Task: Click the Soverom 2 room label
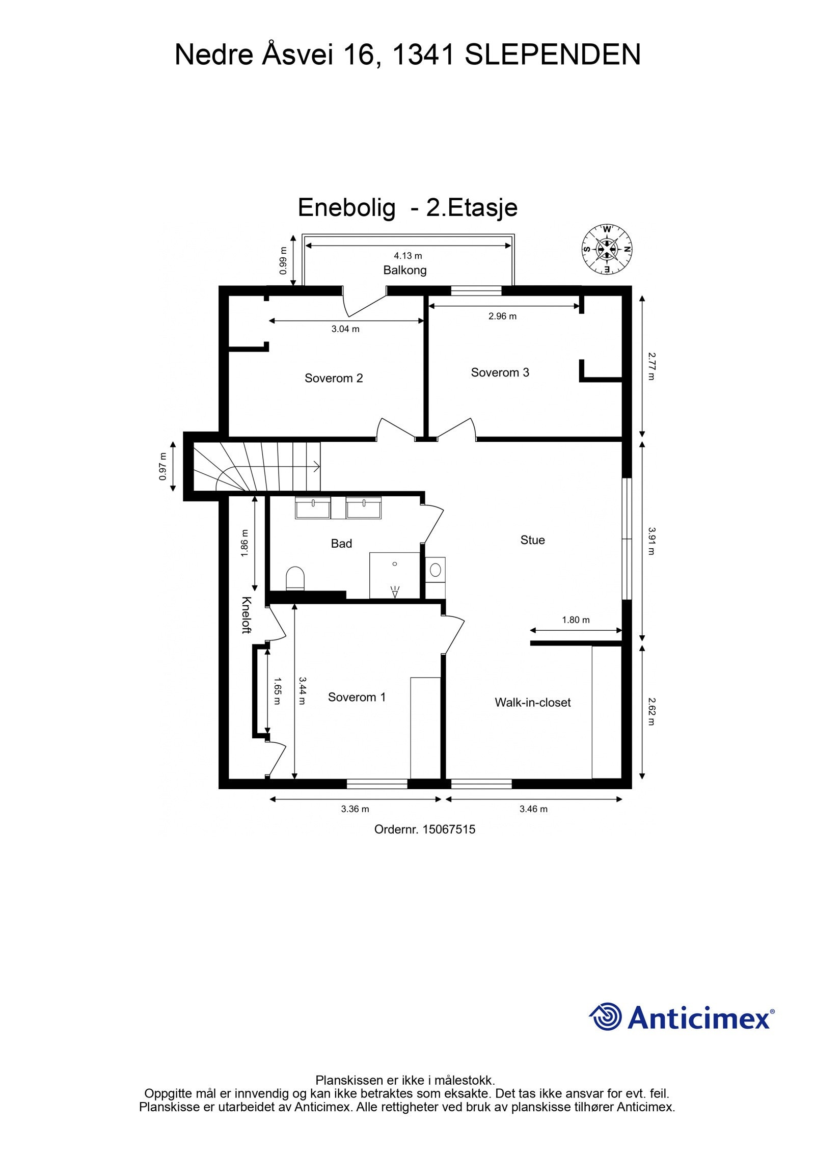tap(334, 378)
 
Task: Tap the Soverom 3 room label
tap(500, 372)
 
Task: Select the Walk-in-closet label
tap(532, 703)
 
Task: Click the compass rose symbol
tap(607, 249)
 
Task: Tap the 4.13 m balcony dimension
tap(407, 256)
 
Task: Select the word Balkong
tap(405, 270)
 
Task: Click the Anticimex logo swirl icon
tap(606, 1017)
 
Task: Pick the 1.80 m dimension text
tap(576, 620)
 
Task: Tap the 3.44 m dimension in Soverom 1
tap(302, 690)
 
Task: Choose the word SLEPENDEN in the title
tap(553, 55)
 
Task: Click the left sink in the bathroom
tap(313, 508)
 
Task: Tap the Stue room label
tap(532, 540)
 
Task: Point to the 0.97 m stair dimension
tap(162, 466)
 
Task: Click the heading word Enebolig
tap(346, 207)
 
